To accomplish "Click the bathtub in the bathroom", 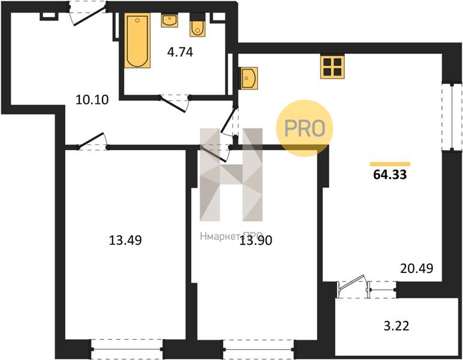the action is point(137,40).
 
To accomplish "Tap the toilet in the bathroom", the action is point(197,25).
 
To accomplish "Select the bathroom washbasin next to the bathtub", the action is point(170,20).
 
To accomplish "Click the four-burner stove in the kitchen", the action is point(332,67).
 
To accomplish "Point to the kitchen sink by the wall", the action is point(249,78).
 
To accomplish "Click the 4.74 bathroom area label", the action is point(180,52).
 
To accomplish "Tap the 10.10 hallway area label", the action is point(92,100).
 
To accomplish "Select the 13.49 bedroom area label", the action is point(125,240).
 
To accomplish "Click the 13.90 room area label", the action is point(255,241).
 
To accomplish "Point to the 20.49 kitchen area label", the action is point(417,268).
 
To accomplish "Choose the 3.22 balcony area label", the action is point(396,326).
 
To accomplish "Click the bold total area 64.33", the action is point(390,175).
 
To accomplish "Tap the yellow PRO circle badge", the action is point(305,128).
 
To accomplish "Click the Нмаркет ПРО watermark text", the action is point(231,236).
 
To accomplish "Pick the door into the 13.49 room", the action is point(92,140).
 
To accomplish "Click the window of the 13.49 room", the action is point(127,349).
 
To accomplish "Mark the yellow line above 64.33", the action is point(390,164).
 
